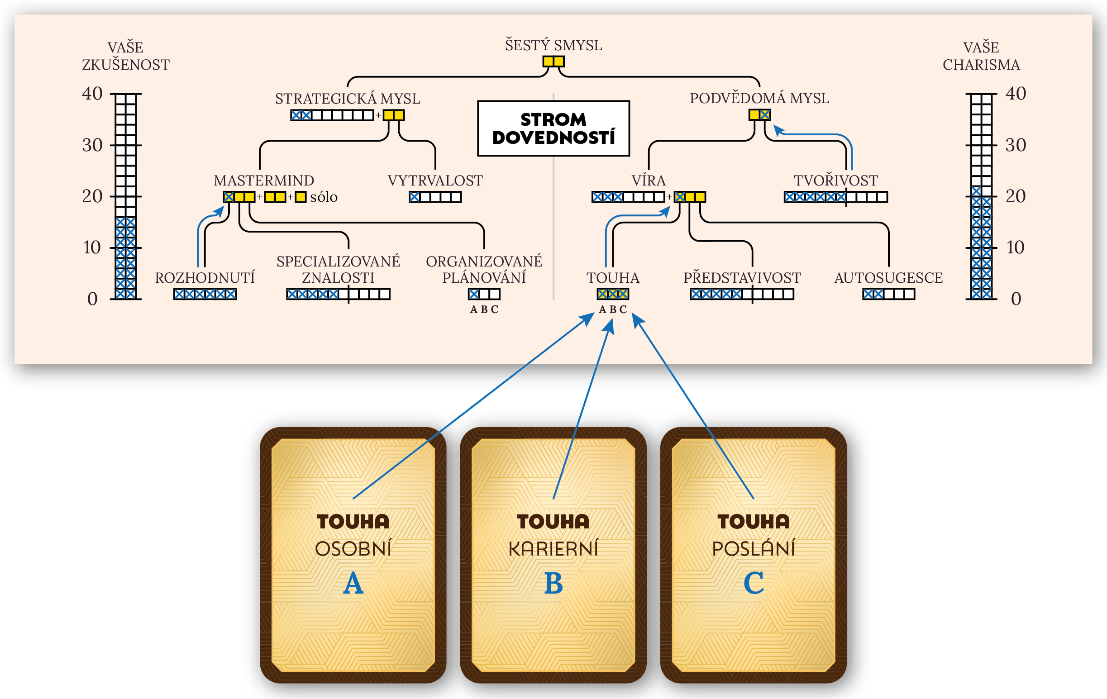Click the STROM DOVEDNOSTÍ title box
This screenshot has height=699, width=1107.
[553, 128]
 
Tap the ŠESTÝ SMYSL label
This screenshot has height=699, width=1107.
[553, 45]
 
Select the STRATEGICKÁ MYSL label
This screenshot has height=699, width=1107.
[348, 98]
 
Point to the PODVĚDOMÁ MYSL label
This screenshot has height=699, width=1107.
[759, 98]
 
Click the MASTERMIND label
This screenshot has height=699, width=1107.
[264, 180]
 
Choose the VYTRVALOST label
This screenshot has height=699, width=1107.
[435, 180]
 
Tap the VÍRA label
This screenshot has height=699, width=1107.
[648, 180]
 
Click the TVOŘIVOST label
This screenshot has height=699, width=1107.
[835, 180]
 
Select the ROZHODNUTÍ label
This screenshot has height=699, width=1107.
[205, 278]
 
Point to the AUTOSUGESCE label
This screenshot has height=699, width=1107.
[888, 278]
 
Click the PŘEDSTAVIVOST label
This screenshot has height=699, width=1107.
[742, 278]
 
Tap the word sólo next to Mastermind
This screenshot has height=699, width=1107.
[324, 197]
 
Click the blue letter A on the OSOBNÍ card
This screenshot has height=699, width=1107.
[353, 583]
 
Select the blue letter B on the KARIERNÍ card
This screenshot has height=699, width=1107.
[553, 583]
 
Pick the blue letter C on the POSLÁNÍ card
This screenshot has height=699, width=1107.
[754, 583]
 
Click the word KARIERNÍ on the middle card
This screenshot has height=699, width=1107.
[553, 548]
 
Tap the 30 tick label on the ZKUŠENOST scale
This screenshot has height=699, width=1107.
[92, 145]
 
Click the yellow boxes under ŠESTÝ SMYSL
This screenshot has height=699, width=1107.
[553, 61]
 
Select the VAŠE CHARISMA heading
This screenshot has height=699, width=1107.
[981, 56]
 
